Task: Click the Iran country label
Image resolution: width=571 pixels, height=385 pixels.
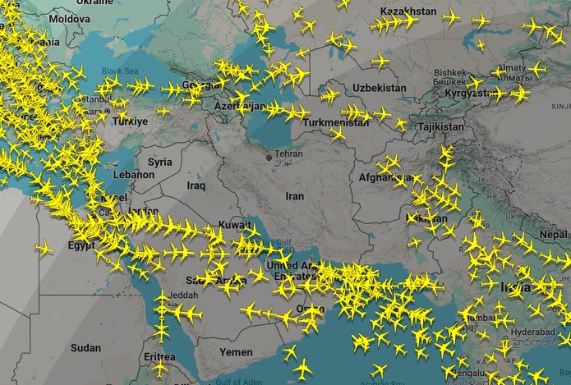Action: pos(294,196)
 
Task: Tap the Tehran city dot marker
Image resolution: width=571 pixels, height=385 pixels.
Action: pos(268,158)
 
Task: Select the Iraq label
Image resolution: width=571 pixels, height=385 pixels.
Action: pos(196,186)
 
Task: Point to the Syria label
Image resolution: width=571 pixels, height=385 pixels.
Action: pos(160,162)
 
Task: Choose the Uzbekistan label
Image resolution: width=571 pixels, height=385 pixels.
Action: pos(379,88)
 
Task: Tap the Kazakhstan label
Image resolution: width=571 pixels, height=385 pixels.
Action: pos(409,11)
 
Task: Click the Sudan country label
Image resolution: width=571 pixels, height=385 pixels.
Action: pos(85,348)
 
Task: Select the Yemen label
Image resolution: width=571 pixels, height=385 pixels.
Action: pos(236,351)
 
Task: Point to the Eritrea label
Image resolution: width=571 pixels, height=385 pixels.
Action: pos(159,357)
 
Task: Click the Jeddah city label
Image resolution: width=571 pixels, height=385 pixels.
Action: pos(182,296)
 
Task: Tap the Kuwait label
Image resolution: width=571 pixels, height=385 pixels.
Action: pos(235,225)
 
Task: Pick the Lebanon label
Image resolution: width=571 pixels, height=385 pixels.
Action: pos(134,175)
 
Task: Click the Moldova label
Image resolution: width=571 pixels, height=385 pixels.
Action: pos(69,18)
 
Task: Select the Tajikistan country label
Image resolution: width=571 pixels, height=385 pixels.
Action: pos(440,127)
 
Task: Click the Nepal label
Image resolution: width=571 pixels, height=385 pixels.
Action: pos(554,234)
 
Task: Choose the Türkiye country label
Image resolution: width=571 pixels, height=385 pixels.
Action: pos(130,121)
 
